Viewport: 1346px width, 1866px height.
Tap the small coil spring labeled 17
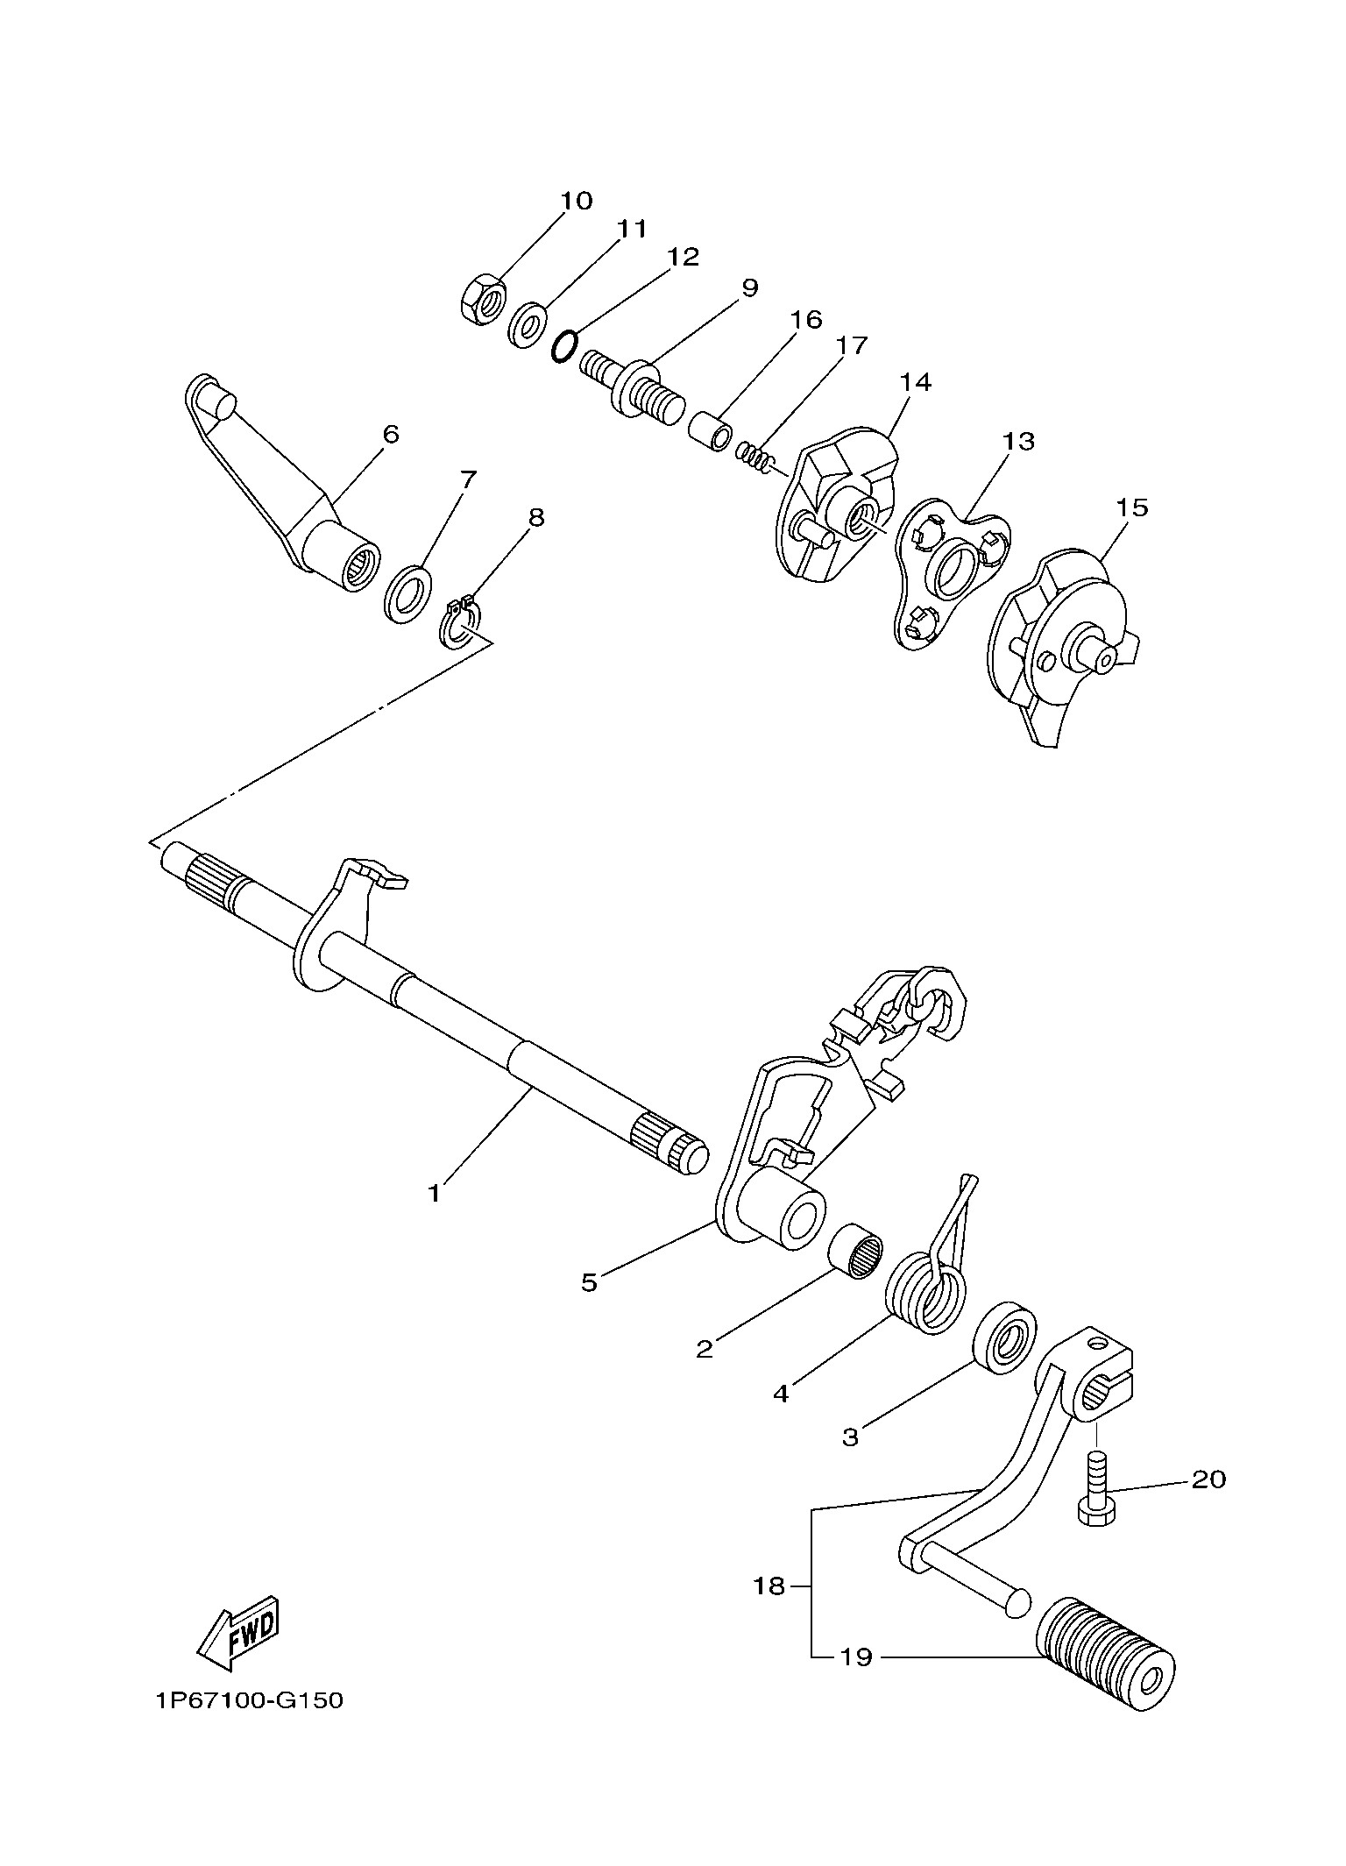point(753,456)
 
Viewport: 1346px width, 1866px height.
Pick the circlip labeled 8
point(457,625)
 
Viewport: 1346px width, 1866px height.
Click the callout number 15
point(1131,508)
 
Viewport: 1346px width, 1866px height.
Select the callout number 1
point(433,1193)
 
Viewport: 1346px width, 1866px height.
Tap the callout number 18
point(769,1586)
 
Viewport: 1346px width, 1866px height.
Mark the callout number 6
point(390,434)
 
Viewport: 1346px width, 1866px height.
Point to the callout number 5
point(589,1282)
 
